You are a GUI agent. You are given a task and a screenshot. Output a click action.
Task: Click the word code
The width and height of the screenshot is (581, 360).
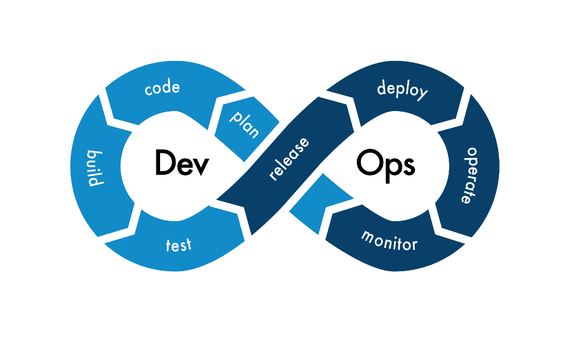pos(163,88)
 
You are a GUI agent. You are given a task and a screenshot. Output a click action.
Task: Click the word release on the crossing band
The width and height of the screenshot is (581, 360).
pos(290,159)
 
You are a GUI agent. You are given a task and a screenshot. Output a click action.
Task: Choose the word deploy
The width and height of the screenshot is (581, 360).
pos(402,89)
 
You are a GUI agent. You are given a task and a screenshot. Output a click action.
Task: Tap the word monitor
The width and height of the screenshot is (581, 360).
pos(389,240)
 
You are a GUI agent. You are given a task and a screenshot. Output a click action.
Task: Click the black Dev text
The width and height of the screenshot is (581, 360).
pos(182,163)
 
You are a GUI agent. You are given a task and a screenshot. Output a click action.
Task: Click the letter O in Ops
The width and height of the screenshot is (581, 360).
pos(368,164)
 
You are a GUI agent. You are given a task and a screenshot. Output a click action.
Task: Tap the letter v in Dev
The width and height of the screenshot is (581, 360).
pos(201,165)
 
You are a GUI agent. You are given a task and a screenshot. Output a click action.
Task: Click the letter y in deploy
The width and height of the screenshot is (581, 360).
pos(422,95)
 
